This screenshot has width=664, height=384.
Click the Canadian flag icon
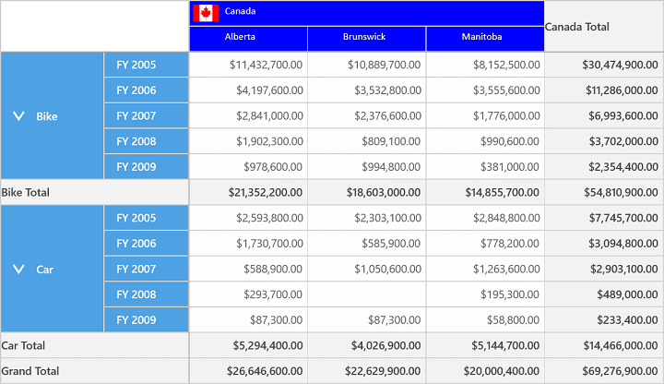tap(206, 13)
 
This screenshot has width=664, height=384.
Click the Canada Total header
tap(576, 27)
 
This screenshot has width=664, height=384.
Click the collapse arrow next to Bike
tap(18, 115)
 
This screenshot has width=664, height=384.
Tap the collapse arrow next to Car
tap(18, 269)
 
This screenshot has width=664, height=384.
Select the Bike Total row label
tap(26, 192)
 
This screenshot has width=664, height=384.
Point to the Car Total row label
tap(23, 345)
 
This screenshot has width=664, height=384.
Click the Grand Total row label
tap(30, 371)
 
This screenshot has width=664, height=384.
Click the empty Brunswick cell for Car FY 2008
tap(367, 294)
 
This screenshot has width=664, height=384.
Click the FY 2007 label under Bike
tap(136, 115)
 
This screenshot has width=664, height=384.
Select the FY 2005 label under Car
tap(136, 218)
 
